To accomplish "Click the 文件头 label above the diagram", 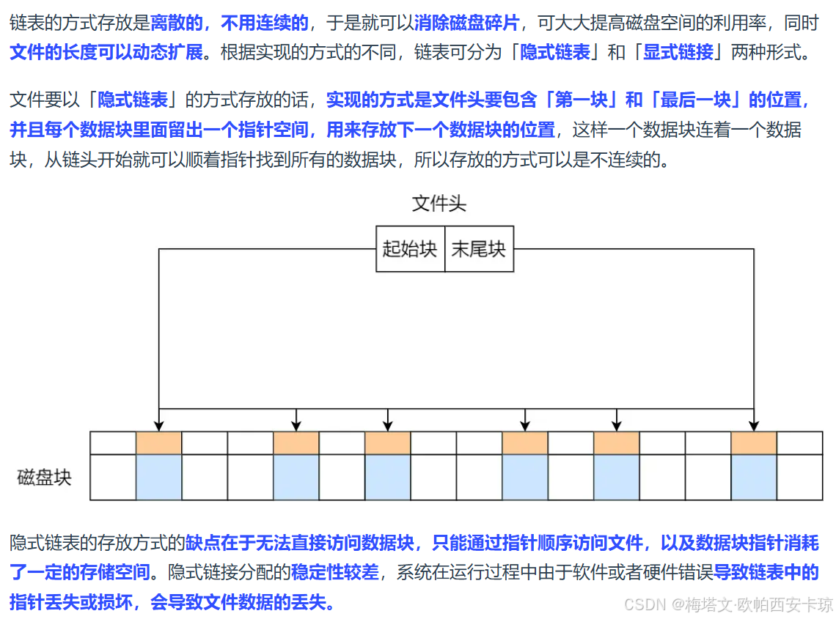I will [x=439, y=203].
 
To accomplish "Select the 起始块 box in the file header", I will [x=410, y=249].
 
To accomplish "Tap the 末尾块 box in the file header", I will [x=479, y=249].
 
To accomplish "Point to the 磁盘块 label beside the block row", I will [x=45, y=478].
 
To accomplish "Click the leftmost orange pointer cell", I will [x=159, y=443].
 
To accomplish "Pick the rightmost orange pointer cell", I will [x=754, y=443].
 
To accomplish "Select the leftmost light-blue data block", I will [x=159, y=477].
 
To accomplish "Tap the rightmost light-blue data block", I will [x=754, y=477].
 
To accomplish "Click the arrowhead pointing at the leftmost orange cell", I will [x=159, y=426].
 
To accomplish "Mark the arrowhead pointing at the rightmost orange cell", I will [x=754, y=426].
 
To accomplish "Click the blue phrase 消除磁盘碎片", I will [x=466, y=23].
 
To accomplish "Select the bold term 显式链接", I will [x=678, y=53].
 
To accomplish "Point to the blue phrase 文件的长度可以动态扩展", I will [x=106, y=53].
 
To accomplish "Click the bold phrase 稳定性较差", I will [x=335, y=572].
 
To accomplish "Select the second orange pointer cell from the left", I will [x=296, y=443].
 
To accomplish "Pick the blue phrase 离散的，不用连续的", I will [x=230, y=23].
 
